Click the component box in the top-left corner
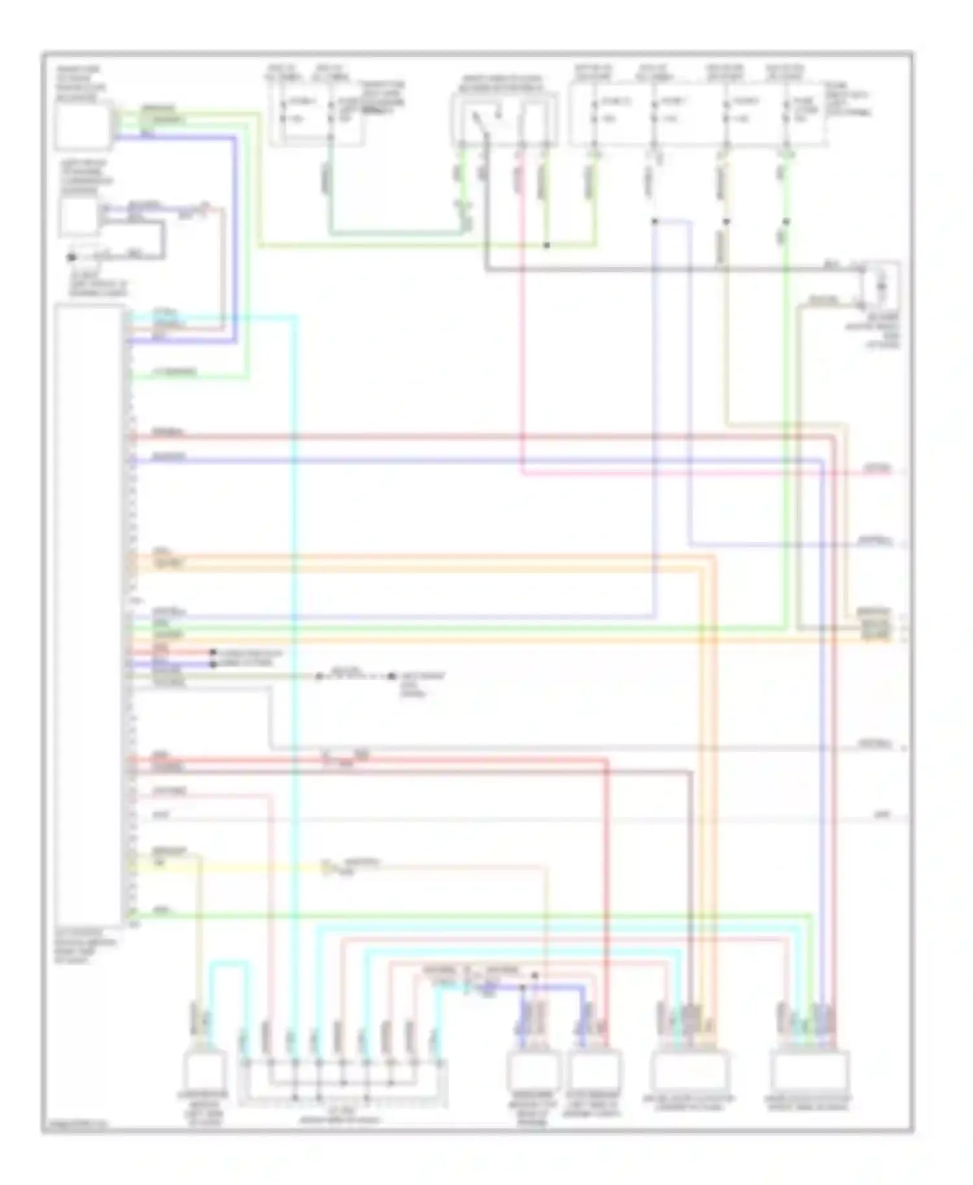pos(82,126)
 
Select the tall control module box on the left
pos(89,616)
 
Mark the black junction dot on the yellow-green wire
pos(547,246)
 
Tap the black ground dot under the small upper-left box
pos(72,257)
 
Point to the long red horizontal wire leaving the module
pos(454,437)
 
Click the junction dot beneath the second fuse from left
pos(655,222)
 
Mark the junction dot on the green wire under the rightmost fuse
pos(786,222)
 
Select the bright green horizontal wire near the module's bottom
pos(454,915)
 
